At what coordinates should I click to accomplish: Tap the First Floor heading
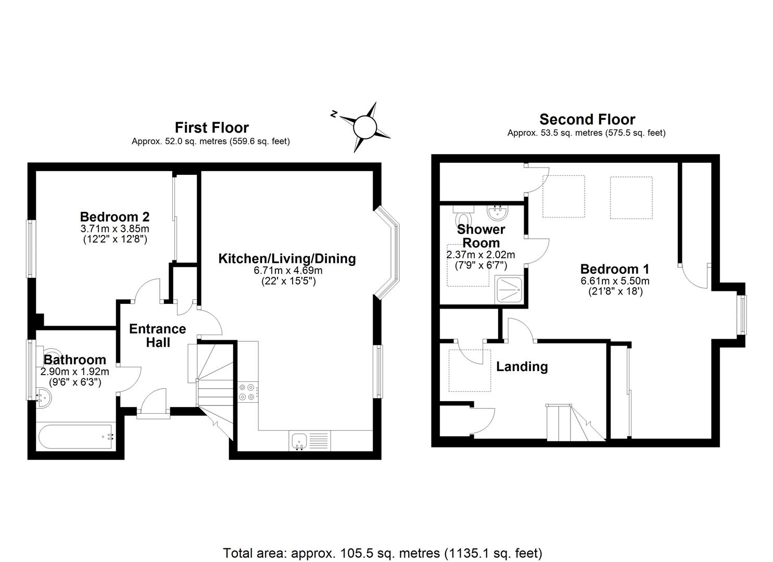(211, 127)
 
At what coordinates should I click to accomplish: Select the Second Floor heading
(587, 119)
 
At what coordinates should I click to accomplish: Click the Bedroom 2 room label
(115, 216)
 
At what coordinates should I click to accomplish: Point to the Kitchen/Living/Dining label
(287, 259)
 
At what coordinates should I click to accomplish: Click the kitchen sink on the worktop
(299, 440)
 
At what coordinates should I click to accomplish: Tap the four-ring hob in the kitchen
(247, 392)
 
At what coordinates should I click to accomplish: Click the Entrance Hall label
(157, 336)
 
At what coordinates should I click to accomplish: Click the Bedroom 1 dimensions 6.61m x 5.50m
(615, 281)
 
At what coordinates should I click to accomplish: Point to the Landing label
(522, 367)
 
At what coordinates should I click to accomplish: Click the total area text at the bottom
(383, 553)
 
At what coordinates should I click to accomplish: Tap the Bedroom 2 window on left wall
(31, 249)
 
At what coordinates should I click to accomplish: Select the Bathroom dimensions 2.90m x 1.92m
(74, 372)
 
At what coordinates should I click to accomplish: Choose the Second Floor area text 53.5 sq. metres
(586, 133)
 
